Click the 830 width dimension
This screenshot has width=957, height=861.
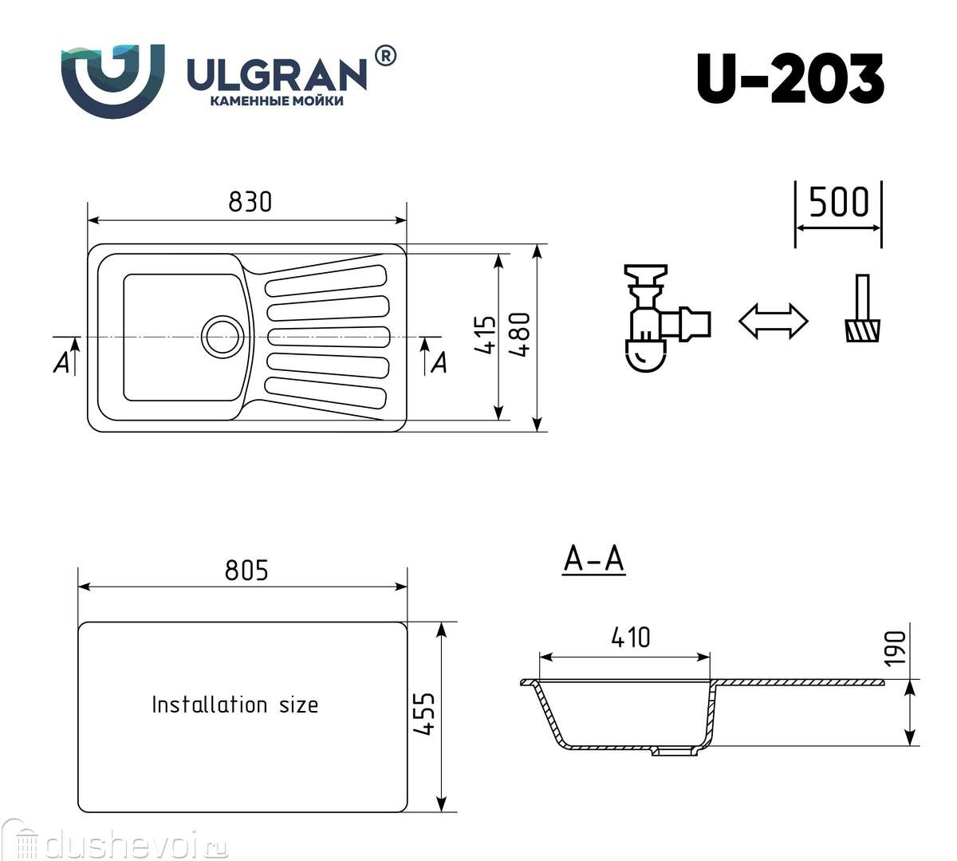[x=250, y=202]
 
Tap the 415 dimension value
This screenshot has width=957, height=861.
[x=486, y=335]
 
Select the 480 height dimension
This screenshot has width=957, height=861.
[x=519, y=335]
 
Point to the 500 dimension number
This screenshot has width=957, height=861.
[x=839, y=203]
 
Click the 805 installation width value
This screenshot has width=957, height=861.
[x=246, y=571]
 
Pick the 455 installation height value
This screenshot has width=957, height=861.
[x=423, y=714]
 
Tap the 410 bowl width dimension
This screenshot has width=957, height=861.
[x=631, y=638]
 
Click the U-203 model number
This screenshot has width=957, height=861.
[x=790, y=79]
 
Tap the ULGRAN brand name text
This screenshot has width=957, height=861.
[x=278, y=74]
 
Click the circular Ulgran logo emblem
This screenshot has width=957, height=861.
[x=113, y=81]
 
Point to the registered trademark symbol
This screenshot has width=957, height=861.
[x=385, y=56]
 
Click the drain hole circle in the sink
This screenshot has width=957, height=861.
[x=221, y=336]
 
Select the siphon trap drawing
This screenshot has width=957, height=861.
[x=667, y=318]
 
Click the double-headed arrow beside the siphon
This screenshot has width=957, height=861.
[x=774, y=321]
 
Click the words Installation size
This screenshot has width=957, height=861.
[x=234, y=705]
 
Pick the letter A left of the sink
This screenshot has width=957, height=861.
[x=61, y=363]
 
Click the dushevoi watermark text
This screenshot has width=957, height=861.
[x=122, y=847]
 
